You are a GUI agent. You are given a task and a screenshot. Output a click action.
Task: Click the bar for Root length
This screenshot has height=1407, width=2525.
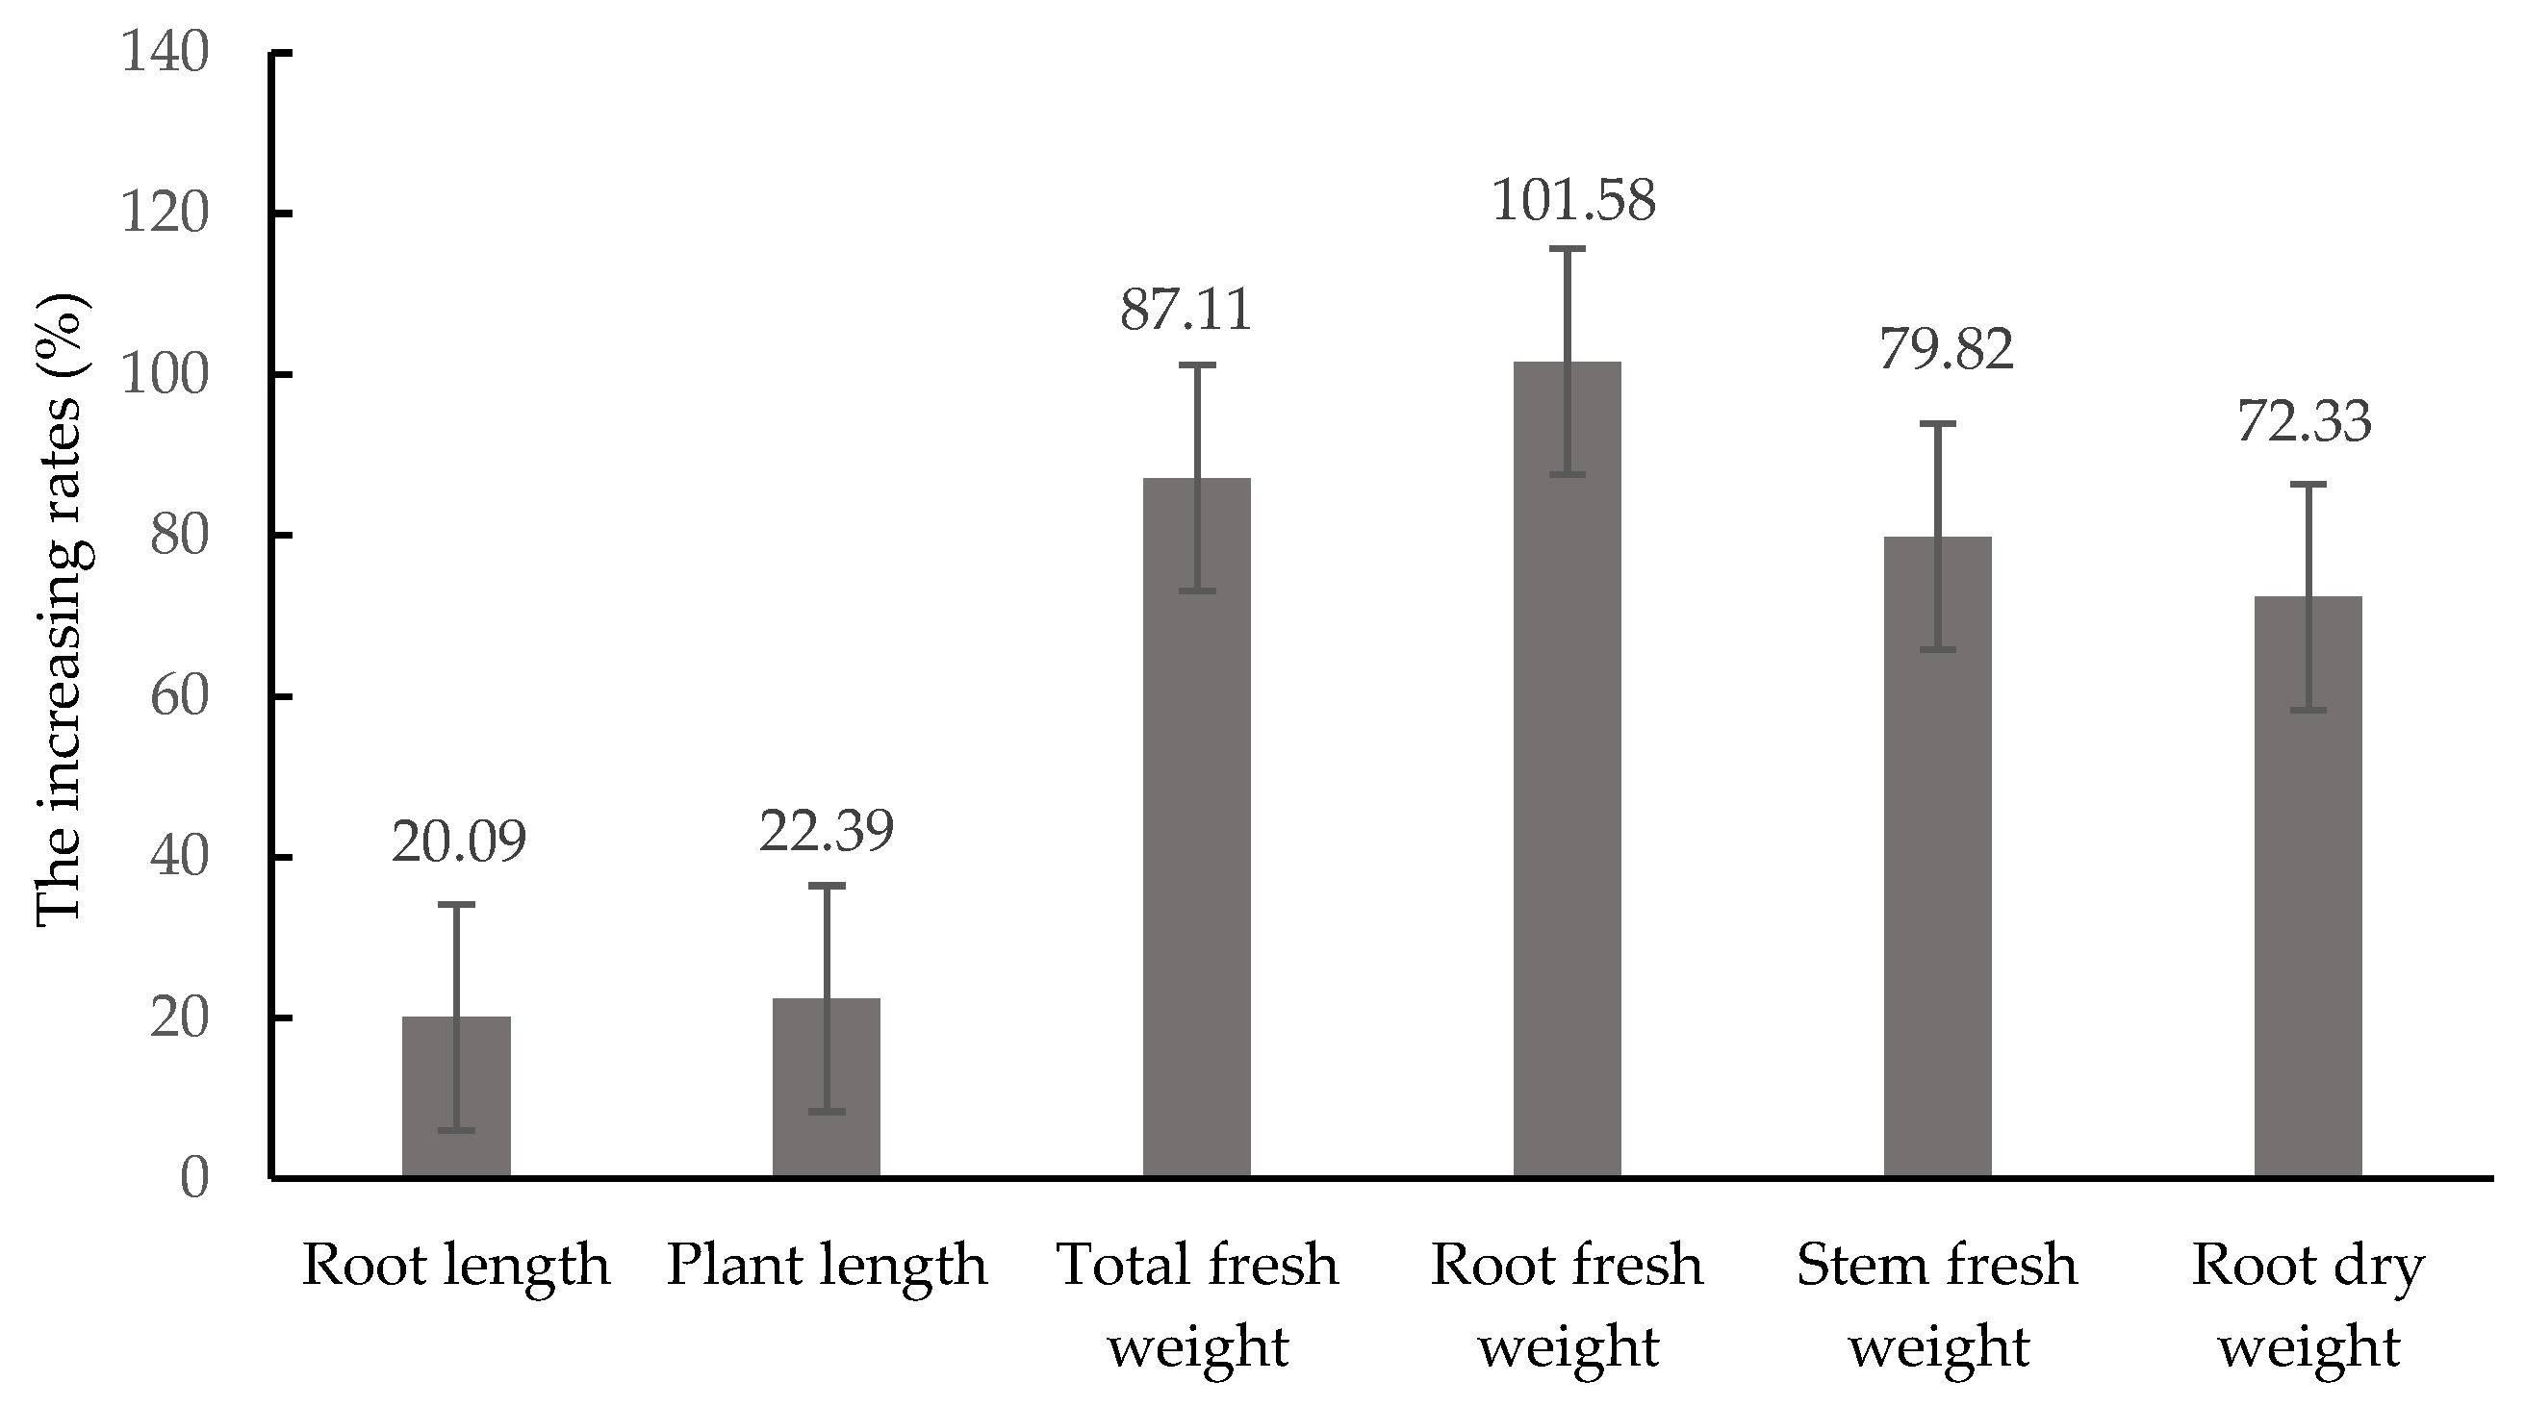coord(456,1097)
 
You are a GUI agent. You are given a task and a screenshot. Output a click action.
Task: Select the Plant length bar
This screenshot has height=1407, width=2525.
coord(827,1088)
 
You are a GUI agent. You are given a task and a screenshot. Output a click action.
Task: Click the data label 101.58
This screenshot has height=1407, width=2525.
coord(1573,201)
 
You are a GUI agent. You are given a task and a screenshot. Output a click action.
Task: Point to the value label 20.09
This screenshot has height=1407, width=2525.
coord(459,842)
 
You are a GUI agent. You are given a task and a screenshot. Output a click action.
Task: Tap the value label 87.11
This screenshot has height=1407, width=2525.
coord(1186,311)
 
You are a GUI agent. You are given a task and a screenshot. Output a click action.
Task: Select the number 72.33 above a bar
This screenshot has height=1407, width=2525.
coord(2305,422)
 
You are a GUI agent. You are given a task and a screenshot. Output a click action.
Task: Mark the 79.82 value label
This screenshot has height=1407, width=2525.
coord(1946,350)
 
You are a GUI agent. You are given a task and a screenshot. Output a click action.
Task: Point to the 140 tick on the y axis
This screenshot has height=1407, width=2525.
coord(165,53)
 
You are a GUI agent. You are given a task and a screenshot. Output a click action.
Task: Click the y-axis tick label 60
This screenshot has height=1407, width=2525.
coord(179,697)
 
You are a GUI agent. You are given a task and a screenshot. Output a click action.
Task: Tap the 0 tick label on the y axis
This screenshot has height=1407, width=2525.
coord(194,1179)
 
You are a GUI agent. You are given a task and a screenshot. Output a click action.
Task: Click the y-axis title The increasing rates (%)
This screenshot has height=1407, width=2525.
coord(61,608)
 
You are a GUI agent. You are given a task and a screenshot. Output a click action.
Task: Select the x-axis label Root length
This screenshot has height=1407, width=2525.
coord(456,1265)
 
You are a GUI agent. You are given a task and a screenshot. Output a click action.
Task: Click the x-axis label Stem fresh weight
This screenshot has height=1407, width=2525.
coord(1938,1305)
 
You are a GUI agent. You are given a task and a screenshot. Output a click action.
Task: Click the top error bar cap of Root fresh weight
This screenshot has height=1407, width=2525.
coord(1568,250)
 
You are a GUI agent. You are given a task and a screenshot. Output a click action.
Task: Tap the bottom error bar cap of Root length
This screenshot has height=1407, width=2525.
coord(456,1131)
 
